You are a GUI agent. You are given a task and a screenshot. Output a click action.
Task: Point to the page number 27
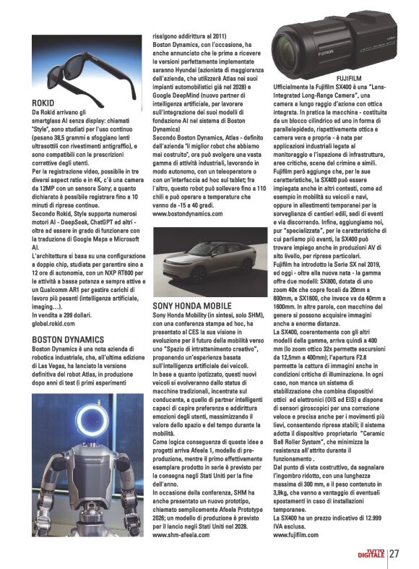pos(394,554)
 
